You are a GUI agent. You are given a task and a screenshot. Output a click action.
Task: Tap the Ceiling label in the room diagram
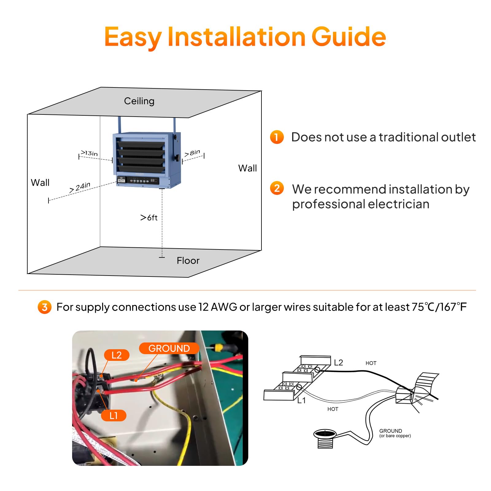point(139,101)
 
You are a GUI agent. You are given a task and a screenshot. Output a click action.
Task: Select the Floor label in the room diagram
point(188,261)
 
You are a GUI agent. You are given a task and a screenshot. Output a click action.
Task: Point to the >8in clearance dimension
point(192,153)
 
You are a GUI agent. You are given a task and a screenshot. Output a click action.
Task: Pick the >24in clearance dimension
point(80,187)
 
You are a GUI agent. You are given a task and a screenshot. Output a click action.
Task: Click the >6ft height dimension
point(149,218)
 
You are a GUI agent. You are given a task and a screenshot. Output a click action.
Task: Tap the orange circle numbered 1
point(276,137)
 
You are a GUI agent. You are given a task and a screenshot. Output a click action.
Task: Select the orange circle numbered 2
point(276,188)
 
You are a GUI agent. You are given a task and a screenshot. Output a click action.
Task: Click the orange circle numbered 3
point(44,307)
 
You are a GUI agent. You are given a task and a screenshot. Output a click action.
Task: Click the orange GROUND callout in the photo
point(169,348)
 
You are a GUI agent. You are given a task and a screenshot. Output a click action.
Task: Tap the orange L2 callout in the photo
point(116,355)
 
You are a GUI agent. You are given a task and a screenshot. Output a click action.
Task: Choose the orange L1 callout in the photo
point(114,416)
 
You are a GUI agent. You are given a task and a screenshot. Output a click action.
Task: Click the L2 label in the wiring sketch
point(338,363)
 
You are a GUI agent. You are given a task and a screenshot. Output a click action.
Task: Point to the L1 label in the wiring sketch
point(301,400)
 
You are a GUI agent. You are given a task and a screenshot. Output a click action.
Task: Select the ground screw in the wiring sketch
point(325,438)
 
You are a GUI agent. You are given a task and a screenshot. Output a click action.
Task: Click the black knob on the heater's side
point(177,158)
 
